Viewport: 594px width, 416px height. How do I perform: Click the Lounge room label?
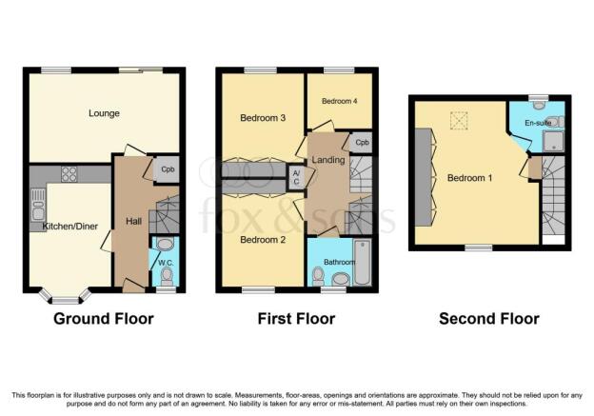104,113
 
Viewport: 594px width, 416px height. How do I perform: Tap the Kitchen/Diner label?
70,227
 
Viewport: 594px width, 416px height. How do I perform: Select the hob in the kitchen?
69,174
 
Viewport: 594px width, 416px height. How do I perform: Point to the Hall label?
133,221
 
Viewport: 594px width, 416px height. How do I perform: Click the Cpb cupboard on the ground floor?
168,169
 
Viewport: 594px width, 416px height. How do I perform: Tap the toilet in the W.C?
167,277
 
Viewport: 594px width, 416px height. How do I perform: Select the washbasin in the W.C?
165,244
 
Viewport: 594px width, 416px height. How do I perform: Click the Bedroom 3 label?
263,118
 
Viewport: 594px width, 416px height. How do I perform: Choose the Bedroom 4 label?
340,101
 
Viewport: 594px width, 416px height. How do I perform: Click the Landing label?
328,160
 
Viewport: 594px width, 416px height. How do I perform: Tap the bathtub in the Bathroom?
363,263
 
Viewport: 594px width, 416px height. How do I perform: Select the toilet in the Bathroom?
317,277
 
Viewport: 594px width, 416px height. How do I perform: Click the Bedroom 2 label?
263,240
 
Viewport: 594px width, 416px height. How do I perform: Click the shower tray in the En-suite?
553,141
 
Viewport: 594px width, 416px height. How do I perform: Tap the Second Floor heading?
489,319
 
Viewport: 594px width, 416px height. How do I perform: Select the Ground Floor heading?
104,319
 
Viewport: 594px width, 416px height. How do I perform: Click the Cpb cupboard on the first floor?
362,143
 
